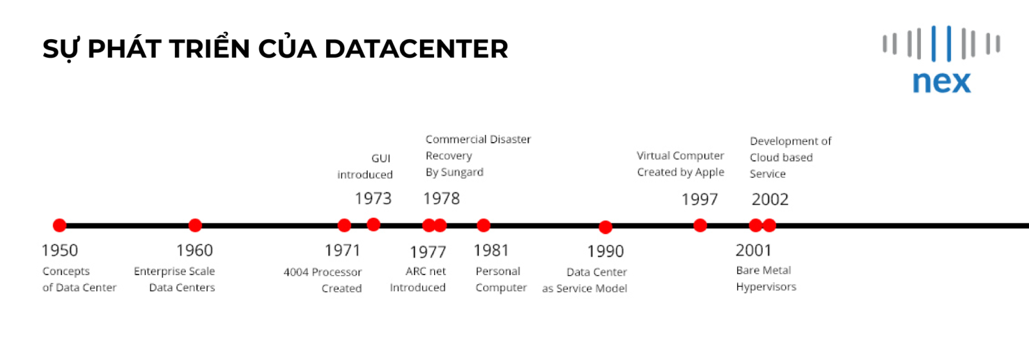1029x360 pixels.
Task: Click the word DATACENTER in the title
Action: [x=416, y=49]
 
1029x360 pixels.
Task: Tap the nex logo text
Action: [x=942, y=82]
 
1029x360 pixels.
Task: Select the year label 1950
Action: [x=60, y=250]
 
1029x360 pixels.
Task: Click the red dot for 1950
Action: [x=60, y=226]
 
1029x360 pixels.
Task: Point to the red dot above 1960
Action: [x=196, y=226]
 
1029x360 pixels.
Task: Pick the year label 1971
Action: [x=343, y=250]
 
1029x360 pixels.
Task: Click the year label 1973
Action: [x=373, y=199]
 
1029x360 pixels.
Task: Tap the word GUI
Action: [x=381, y=158]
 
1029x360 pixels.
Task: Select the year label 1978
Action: [x=441, y=199]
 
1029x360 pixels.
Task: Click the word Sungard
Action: [x=462, y=172]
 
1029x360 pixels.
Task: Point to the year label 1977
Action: [x=428, y=251]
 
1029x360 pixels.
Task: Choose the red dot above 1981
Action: [x=483, y=226]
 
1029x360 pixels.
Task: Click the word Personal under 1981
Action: [x=498, y=271]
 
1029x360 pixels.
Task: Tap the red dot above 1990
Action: [x=605, y=227]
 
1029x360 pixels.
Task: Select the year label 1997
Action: [x=700, y=199]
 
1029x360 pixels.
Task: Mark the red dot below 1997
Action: [x=700, y=226]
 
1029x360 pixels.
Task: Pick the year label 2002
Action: [x=770, y=199]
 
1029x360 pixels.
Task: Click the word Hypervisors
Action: [x=766, y=287]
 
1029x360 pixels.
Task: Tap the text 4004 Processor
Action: [x=323, y=273]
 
